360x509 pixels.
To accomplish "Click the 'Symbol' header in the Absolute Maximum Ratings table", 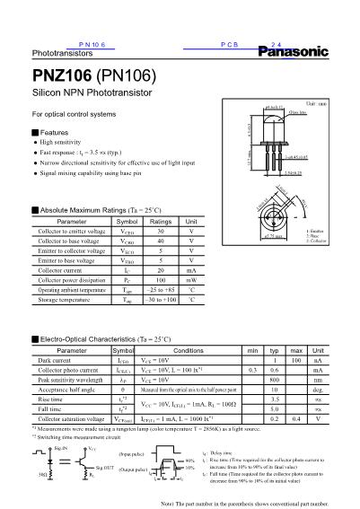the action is [127, 221].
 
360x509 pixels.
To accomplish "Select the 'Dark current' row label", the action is [52, 361].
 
